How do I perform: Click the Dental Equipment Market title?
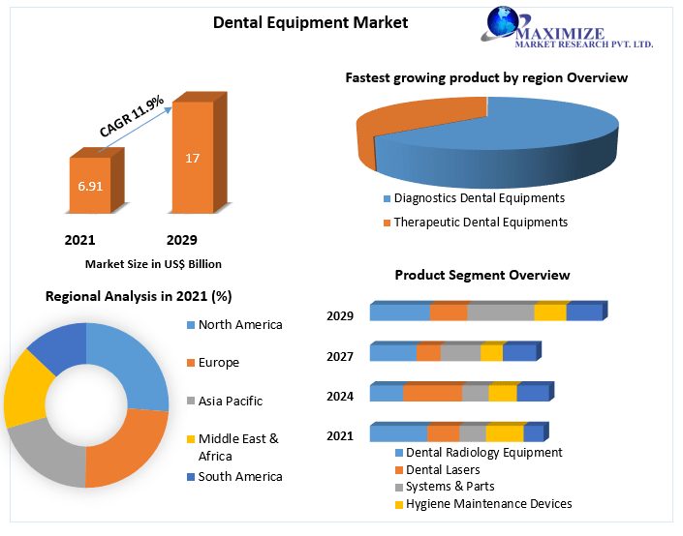click(x=310, y=22)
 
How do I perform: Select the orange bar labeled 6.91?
click(x=90, y=185)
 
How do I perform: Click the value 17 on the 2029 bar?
click(x=192, y=158)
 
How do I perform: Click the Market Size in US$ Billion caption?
click(x=153, y=263)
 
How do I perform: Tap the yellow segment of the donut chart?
click(x=25, y=388)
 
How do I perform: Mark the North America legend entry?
click(x=239, y=325)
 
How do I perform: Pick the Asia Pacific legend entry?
click(x=230, y=401)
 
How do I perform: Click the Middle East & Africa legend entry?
click(x=237, y=446)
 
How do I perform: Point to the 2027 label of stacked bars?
click(x=340, y=356)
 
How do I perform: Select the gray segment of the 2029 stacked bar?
click(x=500, y=313)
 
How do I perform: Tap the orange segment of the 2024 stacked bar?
click(x=432, y=393)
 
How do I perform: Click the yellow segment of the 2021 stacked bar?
click(x=504, y=433)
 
